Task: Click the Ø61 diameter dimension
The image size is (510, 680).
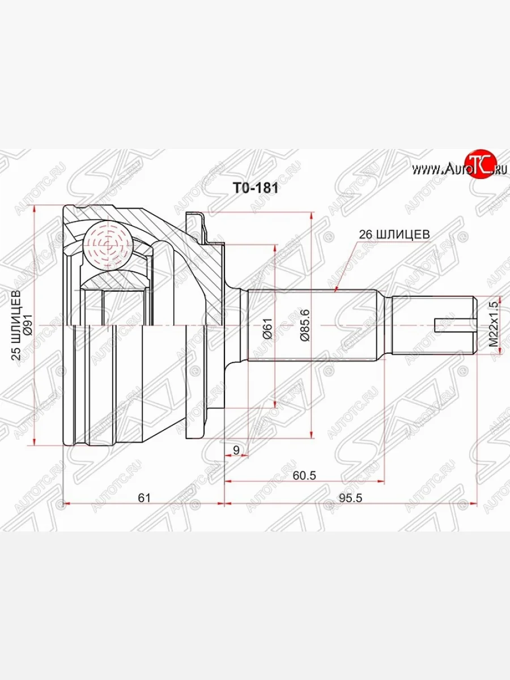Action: [x=268, y=327]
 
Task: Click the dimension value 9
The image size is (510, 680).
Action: [x=236, y=450]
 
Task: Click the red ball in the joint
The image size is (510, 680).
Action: [x=107, y=244]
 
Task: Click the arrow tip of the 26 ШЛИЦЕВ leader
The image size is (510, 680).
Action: [x=335, y=291]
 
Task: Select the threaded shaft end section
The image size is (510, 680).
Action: [x=433, y=325]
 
